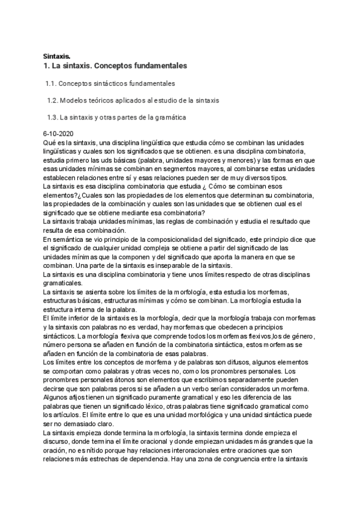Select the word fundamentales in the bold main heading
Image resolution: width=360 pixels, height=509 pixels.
point(161,65)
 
